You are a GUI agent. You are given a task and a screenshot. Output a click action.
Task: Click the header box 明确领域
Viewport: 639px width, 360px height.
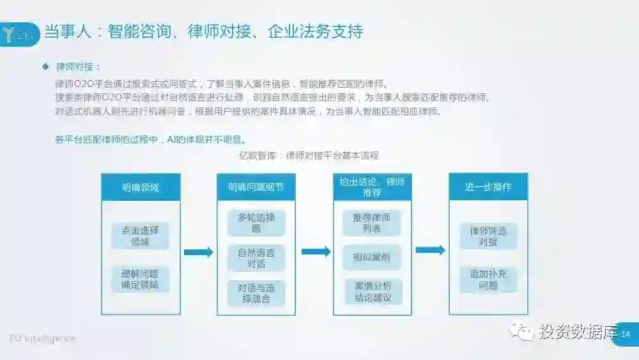[x=141, y=187]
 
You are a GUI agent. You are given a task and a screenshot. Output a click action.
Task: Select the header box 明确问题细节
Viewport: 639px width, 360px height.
[x=256, y=187]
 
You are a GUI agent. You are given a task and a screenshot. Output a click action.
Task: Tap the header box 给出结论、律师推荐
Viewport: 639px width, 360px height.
[x=372, y=187]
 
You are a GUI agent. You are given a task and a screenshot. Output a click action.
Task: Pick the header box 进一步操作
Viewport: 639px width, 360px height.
[x=488, y=187]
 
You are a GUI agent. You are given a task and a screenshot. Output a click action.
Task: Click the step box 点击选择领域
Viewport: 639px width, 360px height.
[x=141, y=235]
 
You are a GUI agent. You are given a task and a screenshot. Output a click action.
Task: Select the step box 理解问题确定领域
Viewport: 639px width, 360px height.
[x=141, y=279]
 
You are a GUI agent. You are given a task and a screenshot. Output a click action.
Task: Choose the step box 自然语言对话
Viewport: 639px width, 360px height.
[x=256, y=257]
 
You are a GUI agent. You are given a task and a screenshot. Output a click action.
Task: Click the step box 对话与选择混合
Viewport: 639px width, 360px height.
[x=256, y=293]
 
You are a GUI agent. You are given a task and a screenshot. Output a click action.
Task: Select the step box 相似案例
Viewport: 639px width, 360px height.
[x=372, y=257]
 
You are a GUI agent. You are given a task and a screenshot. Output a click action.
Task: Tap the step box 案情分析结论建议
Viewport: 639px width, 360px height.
[x=372, y=292]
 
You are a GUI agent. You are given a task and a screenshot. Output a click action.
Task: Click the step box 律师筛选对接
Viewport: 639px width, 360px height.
[x=488, y=235]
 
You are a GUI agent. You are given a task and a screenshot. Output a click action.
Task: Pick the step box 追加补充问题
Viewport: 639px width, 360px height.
[x=488, y=279]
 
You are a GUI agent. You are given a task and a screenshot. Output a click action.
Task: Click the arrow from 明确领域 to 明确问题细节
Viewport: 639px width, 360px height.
[x=198, y=252]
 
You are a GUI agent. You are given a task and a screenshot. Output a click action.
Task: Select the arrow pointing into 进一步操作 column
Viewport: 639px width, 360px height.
[x=430, y=250]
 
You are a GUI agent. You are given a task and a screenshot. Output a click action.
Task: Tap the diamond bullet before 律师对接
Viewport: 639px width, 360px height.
[x=45, y=66]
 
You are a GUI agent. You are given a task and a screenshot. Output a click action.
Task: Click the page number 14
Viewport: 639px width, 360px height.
[x=626, y=334]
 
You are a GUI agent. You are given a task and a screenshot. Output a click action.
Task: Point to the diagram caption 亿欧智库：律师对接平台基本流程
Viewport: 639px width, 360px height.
[x=309, y=155]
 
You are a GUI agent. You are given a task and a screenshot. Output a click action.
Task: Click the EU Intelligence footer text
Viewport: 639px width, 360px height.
[x=42, y=338]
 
